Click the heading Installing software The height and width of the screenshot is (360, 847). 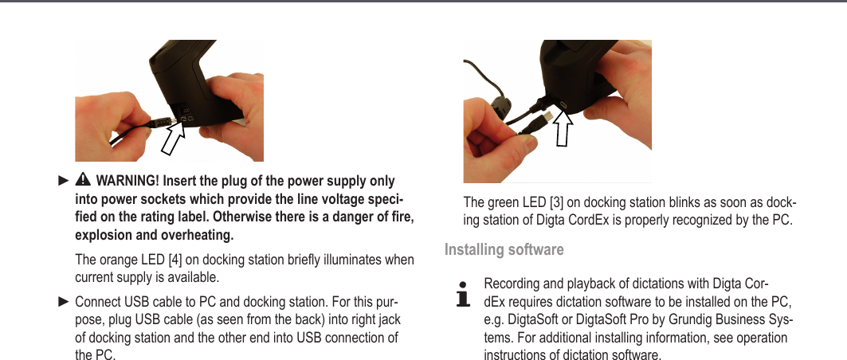click(x=504, y=250)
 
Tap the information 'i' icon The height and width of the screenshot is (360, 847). click(x=461, y=294)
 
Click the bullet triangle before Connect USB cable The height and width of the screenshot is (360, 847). click(x=63, y=303)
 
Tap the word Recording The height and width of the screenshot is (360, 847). click(x=512, y=284)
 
